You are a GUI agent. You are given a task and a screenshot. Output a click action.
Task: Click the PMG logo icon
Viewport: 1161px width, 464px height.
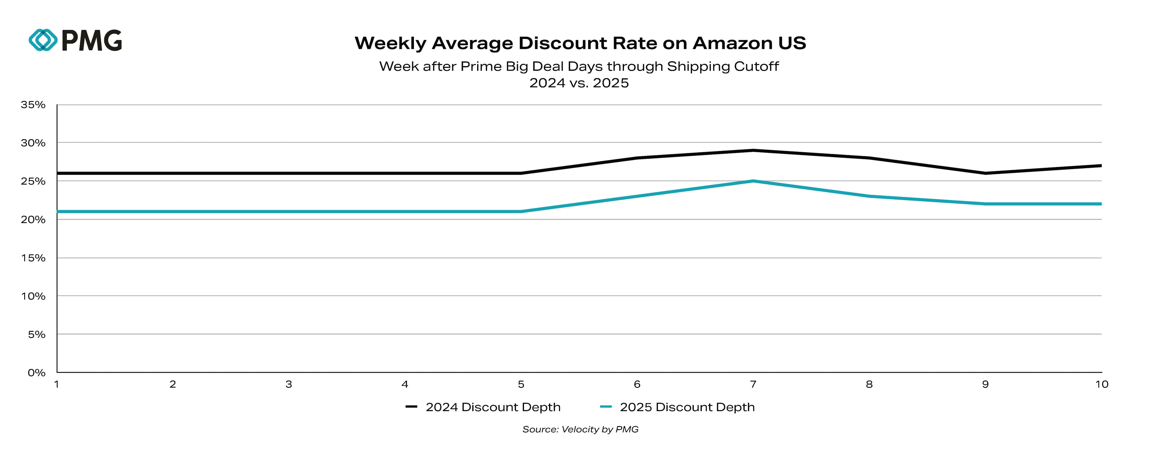coord(43,40)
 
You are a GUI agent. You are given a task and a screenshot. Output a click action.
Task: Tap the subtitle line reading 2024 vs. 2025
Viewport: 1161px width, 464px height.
coord(579,83)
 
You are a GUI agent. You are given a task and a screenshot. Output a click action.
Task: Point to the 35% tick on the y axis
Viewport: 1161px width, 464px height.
coord(33,105)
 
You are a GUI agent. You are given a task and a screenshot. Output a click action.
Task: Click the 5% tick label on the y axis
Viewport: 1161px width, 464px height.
coord(36,335)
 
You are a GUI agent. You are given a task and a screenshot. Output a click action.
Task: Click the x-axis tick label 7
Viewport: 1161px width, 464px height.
coord(753,384)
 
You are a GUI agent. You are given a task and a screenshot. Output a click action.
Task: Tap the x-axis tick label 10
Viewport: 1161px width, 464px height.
coord(1101,384)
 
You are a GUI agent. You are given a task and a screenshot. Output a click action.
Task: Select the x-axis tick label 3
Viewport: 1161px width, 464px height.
coord(288,384)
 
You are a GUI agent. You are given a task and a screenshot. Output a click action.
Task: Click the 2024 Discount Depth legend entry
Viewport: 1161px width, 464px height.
coord(483,407)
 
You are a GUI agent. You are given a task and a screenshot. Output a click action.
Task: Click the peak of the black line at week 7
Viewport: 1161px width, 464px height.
coord(753,150)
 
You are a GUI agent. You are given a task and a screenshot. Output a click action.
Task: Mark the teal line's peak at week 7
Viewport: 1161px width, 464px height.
coord(753,181)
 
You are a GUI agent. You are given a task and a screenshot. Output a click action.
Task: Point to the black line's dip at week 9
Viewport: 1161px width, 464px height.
coord(985,173)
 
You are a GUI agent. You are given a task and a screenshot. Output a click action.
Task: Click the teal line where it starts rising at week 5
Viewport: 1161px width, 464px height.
coord(521,211)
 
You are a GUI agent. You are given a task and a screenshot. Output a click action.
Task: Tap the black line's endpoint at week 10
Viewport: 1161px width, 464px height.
coord(1101,166)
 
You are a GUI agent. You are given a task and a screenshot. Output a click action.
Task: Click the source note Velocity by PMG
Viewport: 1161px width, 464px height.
coord(580,429)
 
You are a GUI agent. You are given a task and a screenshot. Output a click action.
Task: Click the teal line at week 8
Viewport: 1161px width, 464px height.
coord(869,196)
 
